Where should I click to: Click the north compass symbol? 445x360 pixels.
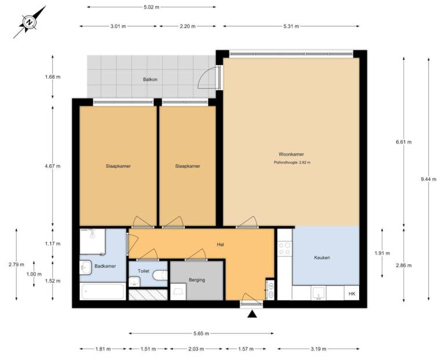pos(29,22)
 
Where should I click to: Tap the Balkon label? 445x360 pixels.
pos(150,79)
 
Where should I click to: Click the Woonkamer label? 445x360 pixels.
pos(291,154)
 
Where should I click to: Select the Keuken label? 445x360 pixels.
pos(322,257)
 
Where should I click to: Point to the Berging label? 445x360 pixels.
pos(197,280)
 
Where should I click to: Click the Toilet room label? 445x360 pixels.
pos(144,271)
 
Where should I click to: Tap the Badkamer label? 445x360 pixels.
pos(105,266)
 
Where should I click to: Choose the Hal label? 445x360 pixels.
pos(221,244)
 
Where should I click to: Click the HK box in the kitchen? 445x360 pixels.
pos(352,293)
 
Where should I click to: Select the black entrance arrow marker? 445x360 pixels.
pos(252,314)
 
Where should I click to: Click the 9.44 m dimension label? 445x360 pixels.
pos(429,179)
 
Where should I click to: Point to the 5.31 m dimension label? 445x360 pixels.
pos(291,26)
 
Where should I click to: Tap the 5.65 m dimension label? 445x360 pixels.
pos(201,333)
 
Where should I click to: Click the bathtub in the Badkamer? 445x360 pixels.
pos(103,292)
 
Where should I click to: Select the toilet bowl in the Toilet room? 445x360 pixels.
pos(161,275)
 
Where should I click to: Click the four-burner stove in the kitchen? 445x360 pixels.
pos(284,249)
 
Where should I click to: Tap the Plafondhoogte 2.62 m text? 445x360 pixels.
pos(292,163)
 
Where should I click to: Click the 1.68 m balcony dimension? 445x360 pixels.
pos(53,77)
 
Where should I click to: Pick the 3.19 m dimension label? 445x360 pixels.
pos(319,349)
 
